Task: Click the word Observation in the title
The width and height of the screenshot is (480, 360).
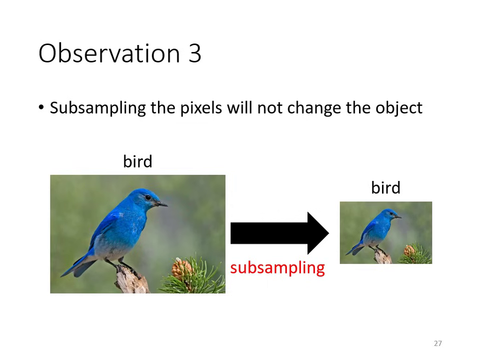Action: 109,53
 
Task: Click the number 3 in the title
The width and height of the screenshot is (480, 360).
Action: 194,53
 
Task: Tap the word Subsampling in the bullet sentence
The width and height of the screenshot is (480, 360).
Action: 98,108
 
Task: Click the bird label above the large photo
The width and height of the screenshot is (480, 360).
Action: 137,161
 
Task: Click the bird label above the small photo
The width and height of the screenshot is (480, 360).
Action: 385,188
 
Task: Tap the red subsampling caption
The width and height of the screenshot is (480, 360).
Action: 277,267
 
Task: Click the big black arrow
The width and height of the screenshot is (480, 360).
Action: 277,233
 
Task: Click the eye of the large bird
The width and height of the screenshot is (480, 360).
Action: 147,197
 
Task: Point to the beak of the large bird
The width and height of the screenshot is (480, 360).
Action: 161,203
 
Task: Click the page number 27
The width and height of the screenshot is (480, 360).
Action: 438,343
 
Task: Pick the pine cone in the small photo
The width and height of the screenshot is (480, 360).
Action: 409,250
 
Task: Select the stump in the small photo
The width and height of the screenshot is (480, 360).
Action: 383,257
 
